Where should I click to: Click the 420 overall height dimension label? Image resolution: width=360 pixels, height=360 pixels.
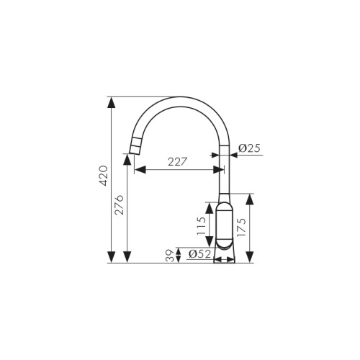(x=102, y=176)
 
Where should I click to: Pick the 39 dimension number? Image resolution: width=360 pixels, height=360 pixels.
(x=170, y=256)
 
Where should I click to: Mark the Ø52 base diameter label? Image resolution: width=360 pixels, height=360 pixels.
(x=199, y=254)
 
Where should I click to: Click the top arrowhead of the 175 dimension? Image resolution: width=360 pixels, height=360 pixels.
(x=249, y=199)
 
